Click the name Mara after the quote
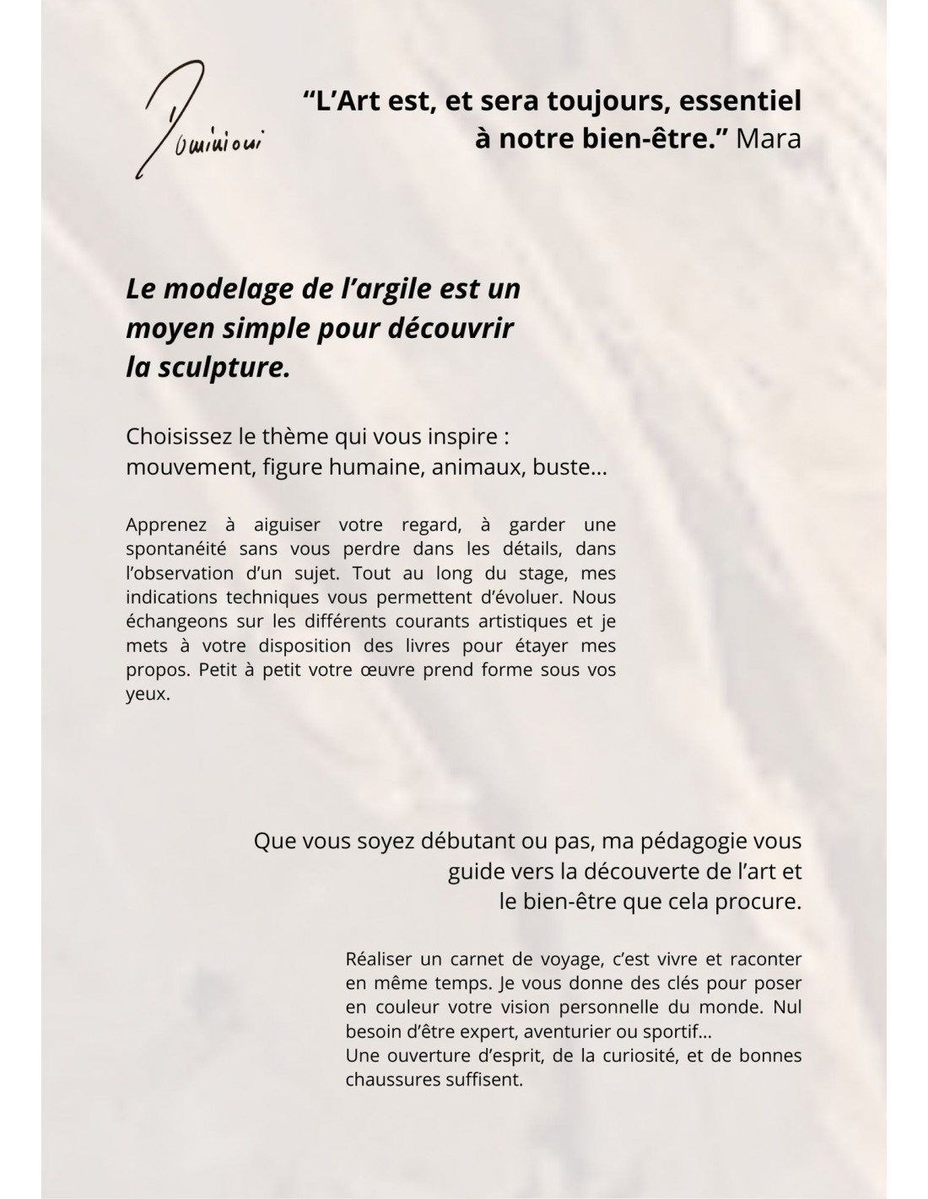point(768,138)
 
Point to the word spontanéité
point(175,549)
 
